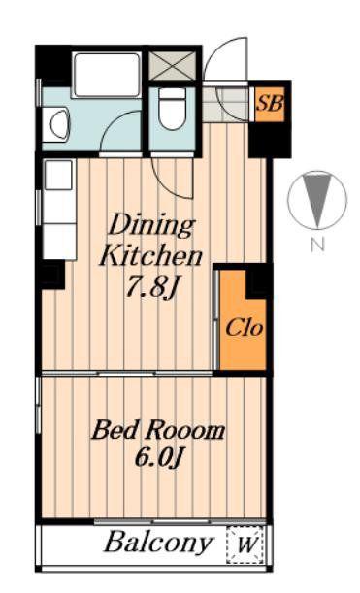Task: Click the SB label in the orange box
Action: (269, 103)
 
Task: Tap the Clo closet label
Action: (244, 328)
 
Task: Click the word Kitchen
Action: (150, 256)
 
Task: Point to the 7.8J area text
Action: (151, 286)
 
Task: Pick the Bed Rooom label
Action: (158, 430)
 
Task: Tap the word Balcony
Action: (158, 544)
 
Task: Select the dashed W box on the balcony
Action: (245, 544)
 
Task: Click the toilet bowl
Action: (172, 109)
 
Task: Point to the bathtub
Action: (107, 76)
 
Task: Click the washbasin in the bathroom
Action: (58, 124)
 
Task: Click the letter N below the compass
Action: (317, 246)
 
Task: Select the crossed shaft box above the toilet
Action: (173, 66)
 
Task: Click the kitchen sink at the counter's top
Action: (58, 175)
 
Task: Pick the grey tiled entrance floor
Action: (225, 104)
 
